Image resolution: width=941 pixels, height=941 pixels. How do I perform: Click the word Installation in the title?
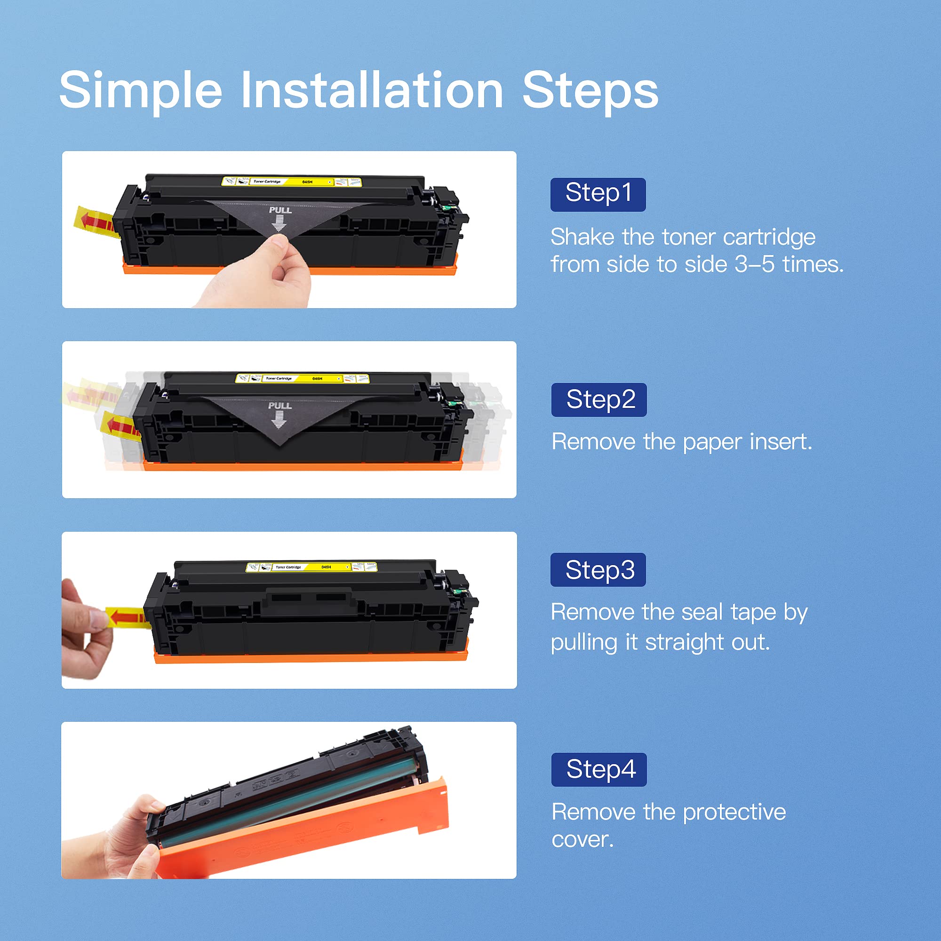(x=372, y=91)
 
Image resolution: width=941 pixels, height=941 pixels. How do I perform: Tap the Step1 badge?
(x=598, y=194)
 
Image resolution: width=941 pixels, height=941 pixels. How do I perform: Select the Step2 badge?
(x=598, y=399)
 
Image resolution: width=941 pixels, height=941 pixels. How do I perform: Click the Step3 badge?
(x=598, y=569)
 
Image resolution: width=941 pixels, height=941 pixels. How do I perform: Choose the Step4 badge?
(x=598, y=769)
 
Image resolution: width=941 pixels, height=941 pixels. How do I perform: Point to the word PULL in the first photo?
(x=280, y=210)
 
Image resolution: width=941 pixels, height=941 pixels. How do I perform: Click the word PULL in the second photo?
(x=279, y=405)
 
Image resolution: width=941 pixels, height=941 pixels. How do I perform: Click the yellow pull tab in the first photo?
(x=95, y=222)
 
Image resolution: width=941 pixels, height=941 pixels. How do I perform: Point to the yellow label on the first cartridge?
(x=291, y=182)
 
